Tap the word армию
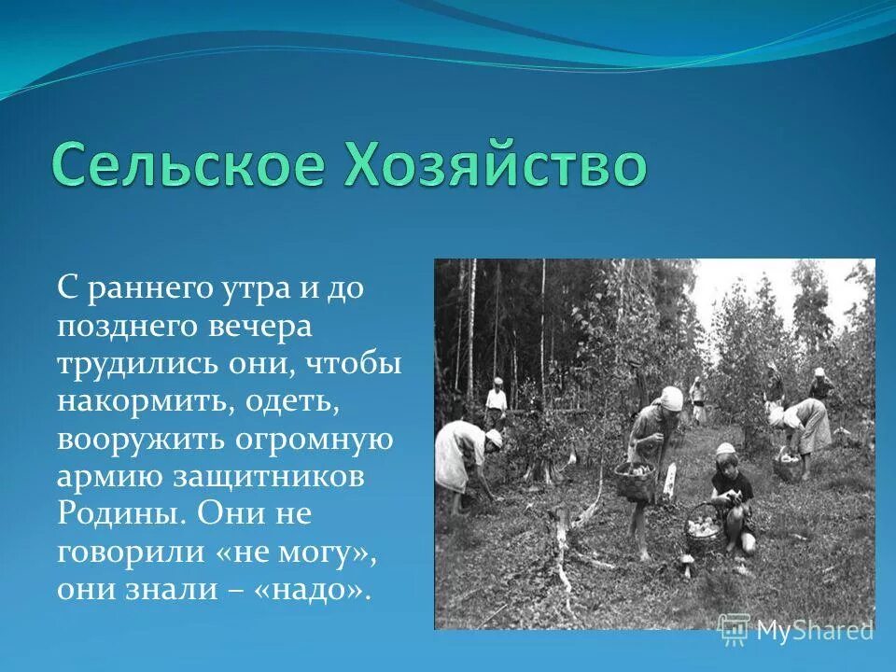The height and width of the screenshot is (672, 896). pos(107,477)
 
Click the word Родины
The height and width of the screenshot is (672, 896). pos(111,514)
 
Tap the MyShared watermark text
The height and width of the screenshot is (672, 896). pos(815,630)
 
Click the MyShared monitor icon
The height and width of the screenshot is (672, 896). pos(735,629)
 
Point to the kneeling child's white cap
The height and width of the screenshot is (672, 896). pos(724,451)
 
